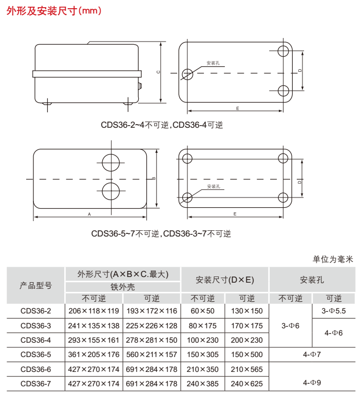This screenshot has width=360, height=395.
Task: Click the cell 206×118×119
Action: tap(93, 311)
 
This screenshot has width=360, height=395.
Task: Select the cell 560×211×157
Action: tap(151, 354)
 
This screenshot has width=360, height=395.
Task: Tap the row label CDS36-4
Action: tap(36, 340)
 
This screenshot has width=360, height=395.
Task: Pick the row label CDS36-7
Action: tap(36, 383)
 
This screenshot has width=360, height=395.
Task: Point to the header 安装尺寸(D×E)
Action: tap(225, 280)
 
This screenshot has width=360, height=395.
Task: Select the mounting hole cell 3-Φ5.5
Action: tap(334, 311)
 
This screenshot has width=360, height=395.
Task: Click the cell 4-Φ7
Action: tap(312, 354)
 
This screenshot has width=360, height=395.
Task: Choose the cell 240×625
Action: tap(247, 383)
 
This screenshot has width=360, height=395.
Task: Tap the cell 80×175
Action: tap(203, 325)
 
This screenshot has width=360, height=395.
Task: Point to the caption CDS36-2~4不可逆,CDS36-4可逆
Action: tap(162, 125)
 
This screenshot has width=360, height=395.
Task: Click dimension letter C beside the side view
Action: tap(158, 72)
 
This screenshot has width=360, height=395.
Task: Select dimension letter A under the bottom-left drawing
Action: tap(89, 213)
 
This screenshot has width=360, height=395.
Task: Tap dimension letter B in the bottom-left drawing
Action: tap(154, 179)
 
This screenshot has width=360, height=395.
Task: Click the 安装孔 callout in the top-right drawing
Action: tap(213, 63)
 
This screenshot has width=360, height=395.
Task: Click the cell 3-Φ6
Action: tap(291, 325)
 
